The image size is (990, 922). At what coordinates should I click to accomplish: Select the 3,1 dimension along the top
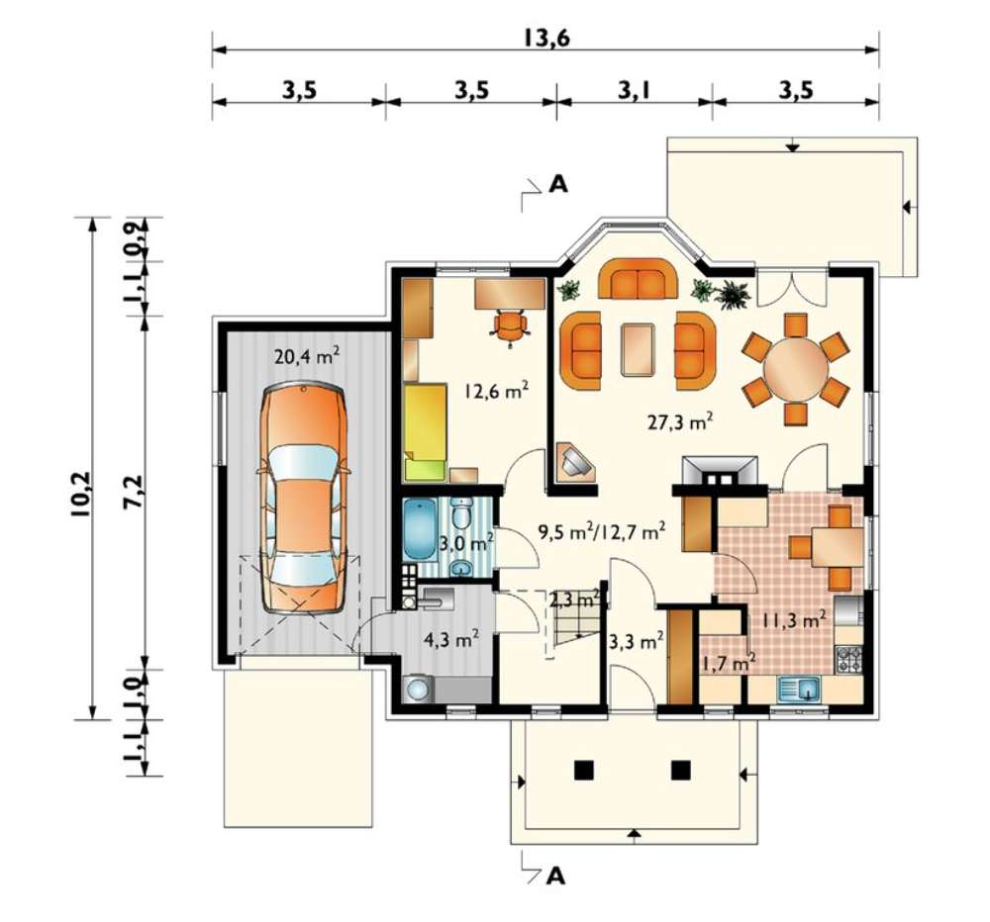pyautogui.click(x=635, y=90)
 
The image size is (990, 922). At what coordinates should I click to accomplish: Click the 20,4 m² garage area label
pyautogui.click(x=308, y=356)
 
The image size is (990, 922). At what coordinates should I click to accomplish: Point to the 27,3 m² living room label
pyautogui.click(x=681, y=421)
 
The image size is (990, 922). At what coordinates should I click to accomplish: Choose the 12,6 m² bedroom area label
pyautogui.click(x=496, y=391)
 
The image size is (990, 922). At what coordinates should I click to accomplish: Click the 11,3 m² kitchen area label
pyautogui.click(x=794, y=619)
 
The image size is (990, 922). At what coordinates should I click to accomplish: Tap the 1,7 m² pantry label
pyautogui.click(x=729, y=663)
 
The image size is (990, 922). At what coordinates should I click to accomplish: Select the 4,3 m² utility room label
pyautogui.click(x=450, y=640)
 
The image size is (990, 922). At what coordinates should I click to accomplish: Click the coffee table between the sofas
pyautogui.click(x=638, y=349)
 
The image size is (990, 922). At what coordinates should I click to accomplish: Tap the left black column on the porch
pyautogui.click(x=584, y=770)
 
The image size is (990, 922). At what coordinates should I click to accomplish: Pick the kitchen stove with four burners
pyautogui.click(x=849, y=659)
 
